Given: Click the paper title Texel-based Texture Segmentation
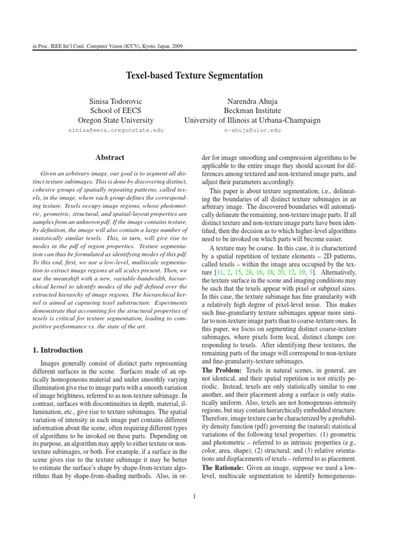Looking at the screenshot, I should (194, 76).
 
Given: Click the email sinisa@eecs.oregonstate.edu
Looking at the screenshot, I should (116, 130).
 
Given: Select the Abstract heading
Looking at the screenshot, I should (110, 157).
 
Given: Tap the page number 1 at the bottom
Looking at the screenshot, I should (194, 496).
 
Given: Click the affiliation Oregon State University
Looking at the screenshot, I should (116, 120).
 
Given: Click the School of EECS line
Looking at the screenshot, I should (116, 111).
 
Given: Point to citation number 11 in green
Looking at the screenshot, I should (221, 272).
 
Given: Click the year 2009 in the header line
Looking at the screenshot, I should (176, 46).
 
